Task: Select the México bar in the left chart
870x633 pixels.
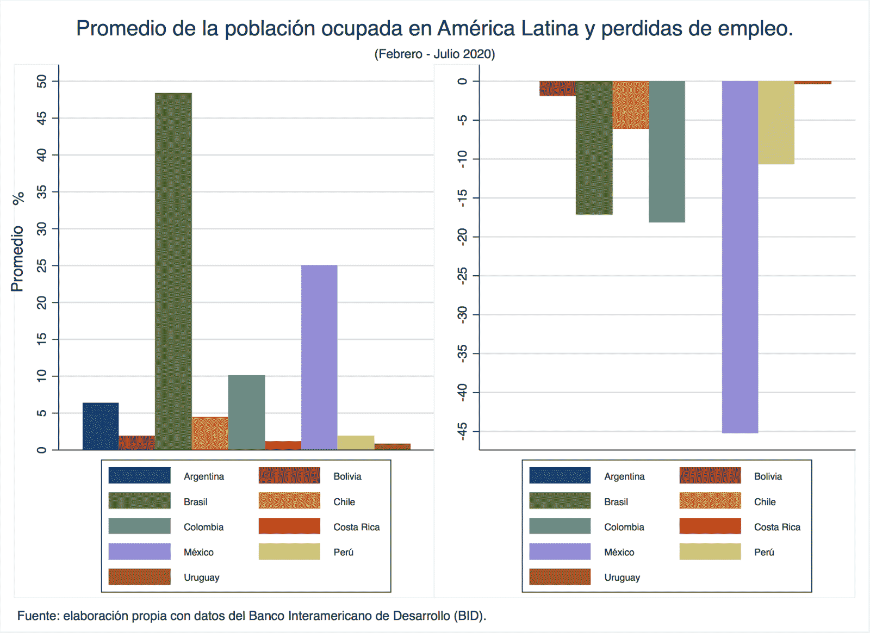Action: tap(319, 357)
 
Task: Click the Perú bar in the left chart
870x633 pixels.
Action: tap(356, 443)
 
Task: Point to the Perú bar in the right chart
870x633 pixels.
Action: tap(776, 122)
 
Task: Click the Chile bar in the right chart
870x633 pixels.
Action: tap(631, 104)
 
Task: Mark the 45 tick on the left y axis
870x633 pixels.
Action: tap(42, 118)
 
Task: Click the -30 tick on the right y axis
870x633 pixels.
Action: tap(462, 314)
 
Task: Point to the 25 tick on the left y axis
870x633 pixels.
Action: tap(42, 265)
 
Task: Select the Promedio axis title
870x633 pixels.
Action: tap(17, 259)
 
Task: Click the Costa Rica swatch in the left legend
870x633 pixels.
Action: tap(289, 526)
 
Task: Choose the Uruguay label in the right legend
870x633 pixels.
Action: tap(622, 578)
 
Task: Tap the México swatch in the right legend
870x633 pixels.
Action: tap(560, 552)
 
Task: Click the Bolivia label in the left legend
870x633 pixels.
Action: tap(347, 476)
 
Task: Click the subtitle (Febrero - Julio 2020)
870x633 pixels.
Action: tap(434, 54)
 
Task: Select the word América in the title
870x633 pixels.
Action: tap(476, 28)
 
